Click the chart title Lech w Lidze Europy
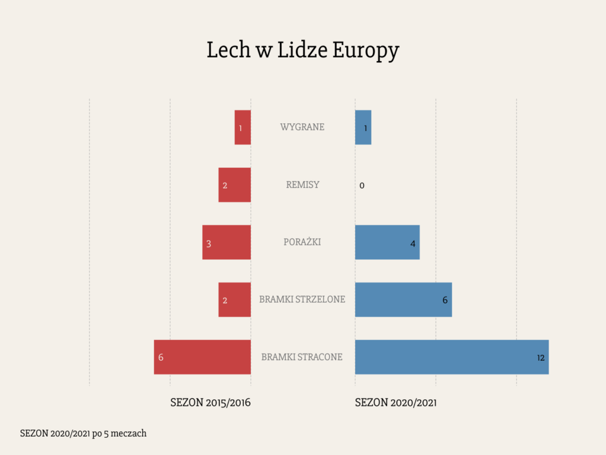click(302, 51)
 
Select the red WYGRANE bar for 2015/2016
click(243, 127)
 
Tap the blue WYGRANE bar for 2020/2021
click(363, 127)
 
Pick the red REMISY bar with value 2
click(234, 185)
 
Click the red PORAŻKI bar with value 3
click(227, 242)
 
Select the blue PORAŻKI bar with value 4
click(387, 242)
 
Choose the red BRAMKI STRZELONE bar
click(234, 300)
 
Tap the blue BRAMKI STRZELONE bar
click(403, 300)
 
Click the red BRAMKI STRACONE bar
click(202, 357)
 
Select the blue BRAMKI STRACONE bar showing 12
click(452, 357)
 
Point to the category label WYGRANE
click(302, 127)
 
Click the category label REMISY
click(302, 185)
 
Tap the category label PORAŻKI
click(302, 242)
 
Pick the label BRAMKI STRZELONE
click(302, 300)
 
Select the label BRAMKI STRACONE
click(302, 357)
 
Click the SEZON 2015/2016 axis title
click(211, 403)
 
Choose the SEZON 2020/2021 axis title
click(396, 403)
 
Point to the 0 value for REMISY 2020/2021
click(362, 186)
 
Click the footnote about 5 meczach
click(83, 434)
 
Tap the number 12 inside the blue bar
click(540, 358)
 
